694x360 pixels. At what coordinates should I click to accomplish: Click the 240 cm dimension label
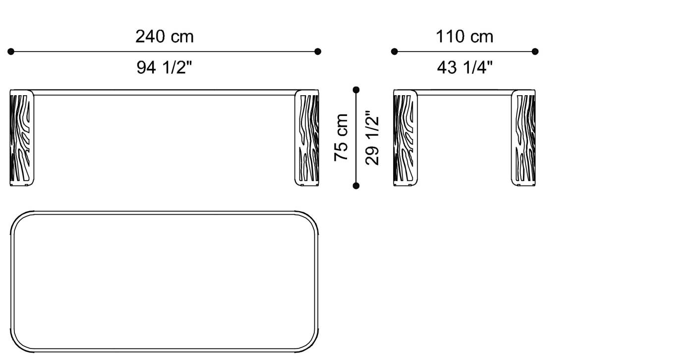[164, 36]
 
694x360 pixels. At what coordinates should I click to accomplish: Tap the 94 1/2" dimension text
[164, 67]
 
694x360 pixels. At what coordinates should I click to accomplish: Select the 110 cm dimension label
[464, 36]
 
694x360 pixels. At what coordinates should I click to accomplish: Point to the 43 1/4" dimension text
[464, 67]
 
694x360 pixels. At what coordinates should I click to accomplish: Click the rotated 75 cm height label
[342, 137]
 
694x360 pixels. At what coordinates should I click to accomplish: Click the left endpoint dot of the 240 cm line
[11, 51]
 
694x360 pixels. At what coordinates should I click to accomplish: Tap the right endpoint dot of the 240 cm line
[318, 51]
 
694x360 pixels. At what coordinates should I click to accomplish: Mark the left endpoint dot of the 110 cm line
[395, 51]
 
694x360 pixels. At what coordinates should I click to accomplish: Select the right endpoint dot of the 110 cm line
[535, 51]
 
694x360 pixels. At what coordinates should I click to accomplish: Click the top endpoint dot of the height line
[356, 90]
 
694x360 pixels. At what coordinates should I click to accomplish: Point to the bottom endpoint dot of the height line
[356, 185]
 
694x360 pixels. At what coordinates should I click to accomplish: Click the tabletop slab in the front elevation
[164, 92]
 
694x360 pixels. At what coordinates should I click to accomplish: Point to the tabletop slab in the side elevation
[464, 92]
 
